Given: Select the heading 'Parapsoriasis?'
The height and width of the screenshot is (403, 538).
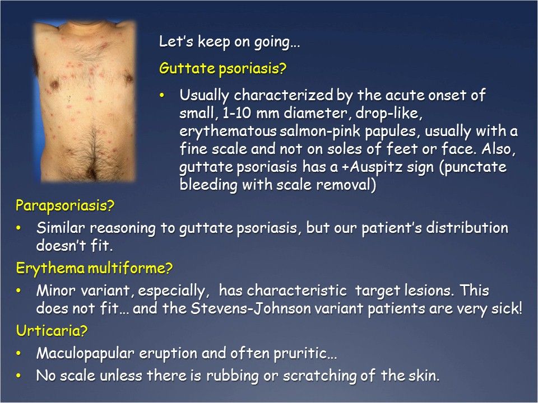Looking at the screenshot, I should tap(64, 206).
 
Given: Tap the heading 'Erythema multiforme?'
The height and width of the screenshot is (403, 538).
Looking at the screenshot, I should tap(94, 269).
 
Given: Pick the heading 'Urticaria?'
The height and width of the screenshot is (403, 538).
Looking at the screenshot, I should tap(52, 331).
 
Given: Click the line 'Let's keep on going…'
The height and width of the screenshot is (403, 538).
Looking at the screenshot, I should tap(230, 42).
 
